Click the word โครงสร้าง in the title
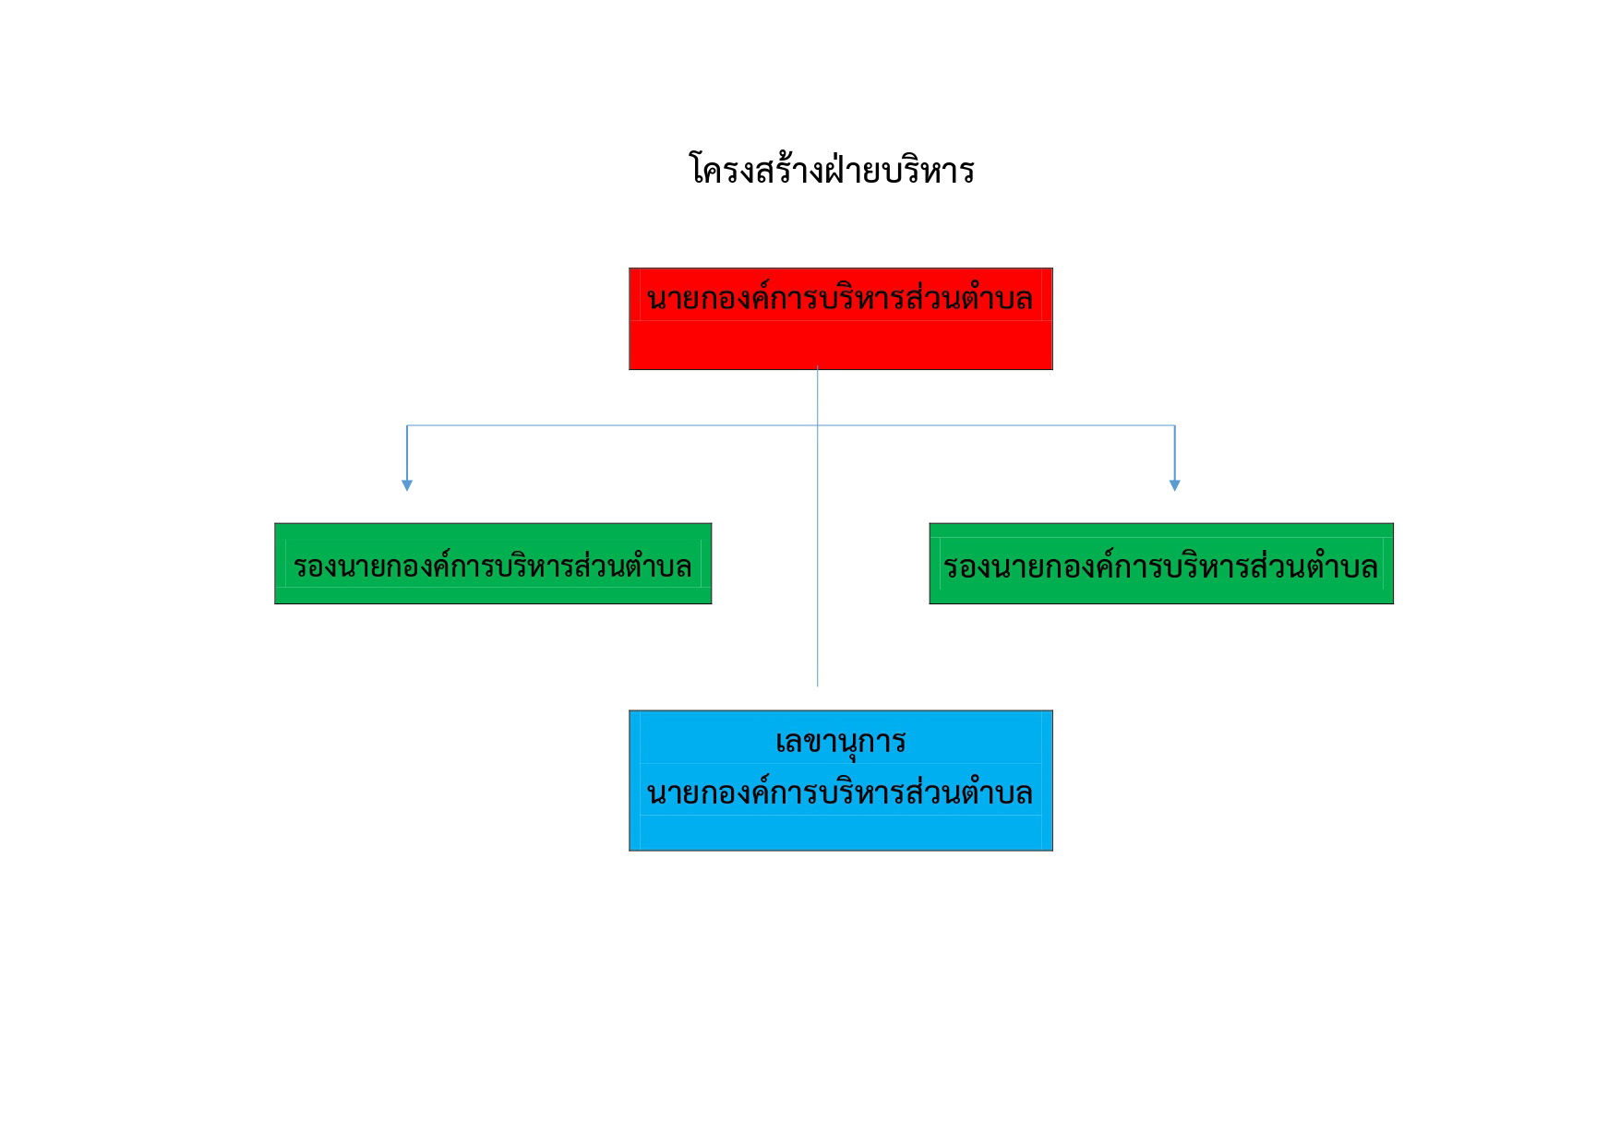757,170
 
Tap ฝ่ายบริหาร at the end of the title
900,168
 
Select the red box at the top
841,319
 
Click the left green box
493,564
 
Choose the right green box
1161,564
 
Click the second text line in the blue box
840,793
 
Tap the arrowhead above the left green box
407,485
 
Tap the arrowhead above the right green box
1175,485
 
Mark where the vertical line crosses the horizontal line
818,425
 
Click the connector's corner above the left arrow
407,425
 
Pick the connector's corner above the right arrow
1175,425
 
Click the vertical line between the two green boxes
818,564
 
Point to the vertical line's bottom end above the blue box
818,686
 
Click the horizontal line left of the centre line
612,425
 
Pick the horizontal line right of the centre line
996,425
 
